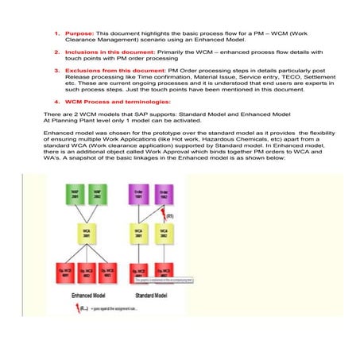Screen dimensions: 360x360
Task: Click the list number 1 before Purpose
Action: point(56,34)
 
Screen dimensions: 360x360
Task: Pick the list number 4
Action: point(56,103)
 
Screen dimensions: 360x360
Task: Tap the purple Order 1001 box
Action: point(141,193)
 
